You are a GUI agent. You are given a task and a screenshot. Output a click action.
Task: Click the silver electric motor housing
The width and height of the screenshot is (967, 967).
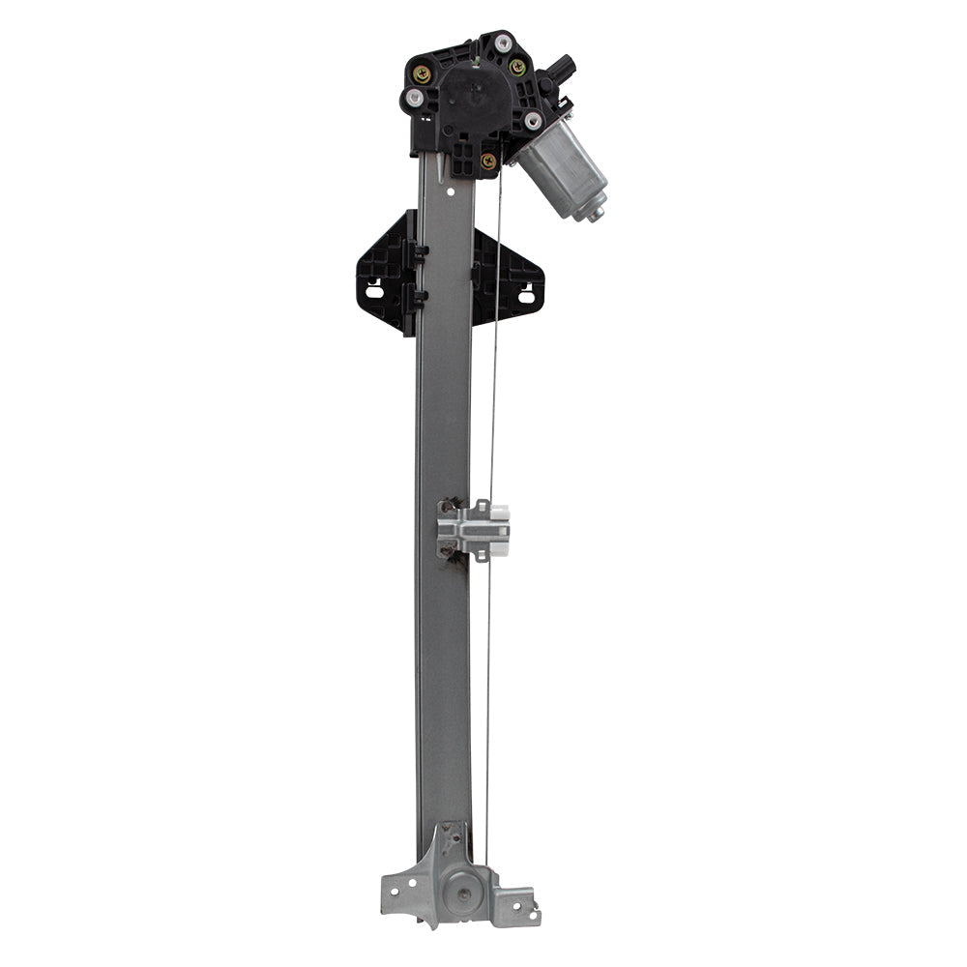point(560,171)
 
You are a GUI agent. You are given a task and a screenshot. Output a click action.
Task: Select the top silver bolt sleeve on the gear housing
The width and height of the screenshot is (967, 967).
point(504,43)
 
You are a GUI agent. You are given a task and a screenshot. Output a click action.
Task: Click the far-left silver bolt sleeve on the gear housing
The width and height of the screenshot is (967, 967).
point(414,98)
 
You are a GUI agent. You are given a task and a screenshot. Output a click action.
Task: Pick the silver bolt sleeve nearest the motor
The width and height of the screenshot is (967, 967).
point(533,120)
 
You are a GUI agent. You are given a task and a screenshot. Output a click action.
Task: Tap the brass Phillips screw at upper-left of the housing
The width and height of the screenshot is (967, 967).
point(422,71)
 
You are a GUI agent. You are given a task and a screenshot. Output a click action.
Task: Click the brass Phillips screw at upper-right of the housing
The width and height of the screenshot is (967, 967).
point(517,67)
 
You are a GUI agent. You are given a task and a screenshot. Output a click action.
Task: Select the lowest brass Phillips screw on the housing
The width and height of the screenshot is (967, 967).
point(488,161)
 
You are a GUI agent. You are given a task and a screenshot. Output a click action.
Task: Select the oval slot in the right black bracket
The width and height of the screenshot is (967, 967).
point(526,296)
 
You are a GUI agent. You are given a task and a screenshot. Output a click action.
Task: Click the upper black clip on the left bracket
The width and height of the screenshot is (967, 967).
point(422,252)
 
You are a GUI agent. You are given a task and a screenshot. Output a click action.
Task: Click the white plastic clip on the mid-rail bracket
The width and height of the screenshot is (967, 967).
point(499,517)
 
